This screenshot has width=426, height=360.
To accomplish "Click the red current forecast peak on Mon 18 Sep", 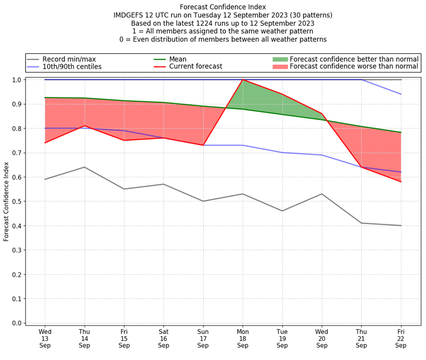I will pos(243,80).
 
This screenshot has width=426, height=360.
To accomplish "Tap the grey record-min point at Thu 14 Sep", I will pos(84,167).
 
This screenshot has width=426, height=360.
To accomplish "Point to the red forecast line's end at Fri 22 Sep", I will pos(401,182).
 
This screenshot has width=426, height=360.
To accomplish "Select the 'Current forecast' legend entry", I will pos(195,67).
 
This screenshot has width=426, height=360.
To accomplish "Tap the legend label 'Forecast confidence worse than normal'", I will pos(354,67).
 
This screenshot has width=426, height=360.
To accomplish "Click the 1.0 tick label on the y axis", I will pos(17,80).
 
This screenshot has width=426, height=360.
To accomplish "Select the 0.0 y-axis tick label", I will pos(17,323).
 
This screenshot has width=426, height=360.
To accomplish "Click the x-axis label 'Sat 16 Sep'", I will pos(163,338).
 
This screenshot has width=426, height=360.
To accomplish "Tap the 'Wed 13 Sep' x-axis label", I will pos(45,338).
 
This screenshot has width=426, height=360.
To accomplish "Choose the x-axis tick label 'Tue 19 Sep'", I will pos(282,338).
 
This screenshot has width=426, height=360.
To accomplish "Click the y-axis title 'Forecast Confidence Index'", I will pos(6,201).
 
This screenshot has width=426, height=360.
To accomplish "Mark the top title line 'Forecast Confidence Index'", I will pos(223,7).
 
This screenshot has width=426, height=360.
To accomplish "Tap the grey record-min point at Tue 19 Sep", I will pos(282,211).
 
